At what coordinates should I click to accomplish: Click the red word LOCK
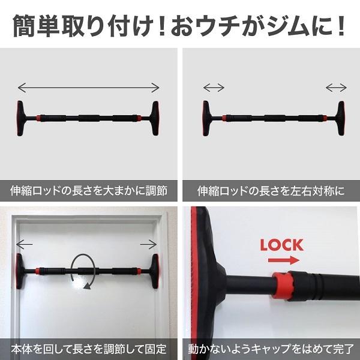click(x=282, y=245)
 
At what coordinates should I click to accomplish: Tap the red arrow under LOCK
click(x=284, y=260)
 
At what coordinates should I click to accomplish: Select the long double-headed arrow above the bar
click(x=88, y=88)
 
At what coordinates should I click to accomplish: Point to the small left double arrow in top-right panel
click(x=214, y=88)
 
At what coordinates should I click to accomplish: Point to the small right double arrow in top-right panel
click(x=336, y=88)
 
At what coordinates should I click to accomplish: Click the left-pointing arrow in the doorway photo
click(x=25, y=244)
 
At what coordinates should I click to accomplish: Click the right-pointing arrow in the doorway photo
click(x=149, y=244)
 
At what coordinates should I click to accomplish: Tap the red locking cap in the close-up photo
click(x=281, y=285)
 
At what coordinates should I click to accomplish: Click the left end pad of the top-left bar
click(x=20, y=118)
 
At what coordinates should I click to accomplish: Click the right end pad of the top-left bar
click(x=155, y=118)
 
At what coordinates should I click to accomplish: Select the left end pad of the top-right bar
click(x=206, y=118)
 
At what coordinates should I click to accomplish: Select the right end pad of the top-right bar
click(x=341, y=118)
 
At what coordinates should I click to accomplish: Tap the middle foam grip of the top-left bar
click(x=89, y=118)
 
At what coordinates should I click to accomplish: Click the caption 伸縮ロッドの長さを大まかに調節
click(x=89, y=191)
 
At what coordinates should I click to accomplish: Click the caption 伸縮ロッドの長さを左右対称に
click(x=271, y=191)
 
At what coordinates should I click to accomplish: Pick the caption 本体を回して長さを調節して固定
click(x=89, y=349)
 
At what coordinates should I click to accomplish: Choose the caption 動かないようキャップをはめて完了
click(x=271, y=349)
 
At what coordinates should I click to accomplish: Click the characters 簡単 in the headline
click(x=35, y=26)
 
